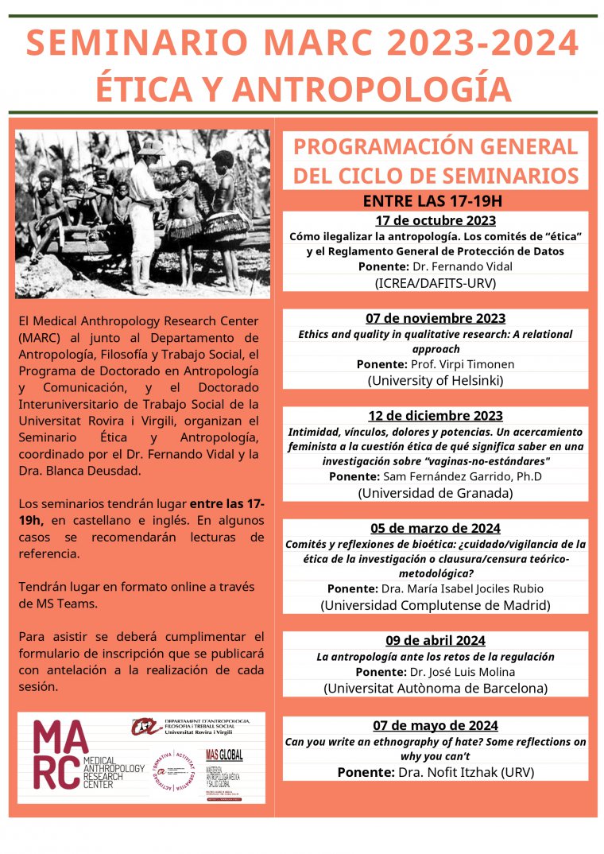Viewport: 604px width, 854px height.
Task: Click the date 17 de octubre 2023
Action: (436, 220)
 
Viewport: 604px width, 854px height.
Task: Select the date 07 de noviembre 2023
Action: (436, 318)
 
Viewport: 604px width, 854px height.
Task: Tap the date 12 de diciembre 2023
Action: (436, 416)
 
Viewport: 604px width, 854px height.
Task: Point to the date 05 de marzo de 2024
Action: (436, 528)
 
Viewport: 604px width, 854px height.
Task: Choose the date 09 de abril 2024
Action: (436, 640)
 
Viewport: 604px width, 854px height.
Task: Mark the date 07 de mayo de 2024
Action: (436, 725)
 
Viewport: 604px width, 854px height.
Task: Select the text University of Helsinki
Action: (436, 380)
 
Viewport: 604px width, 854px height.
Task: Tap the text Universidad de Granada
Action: (436, 492)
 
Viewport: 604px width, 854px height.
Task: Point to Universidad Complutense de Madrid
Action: (436, 605)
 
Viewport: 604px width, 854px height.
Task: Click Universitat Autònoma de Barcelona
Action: (436, 688)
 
